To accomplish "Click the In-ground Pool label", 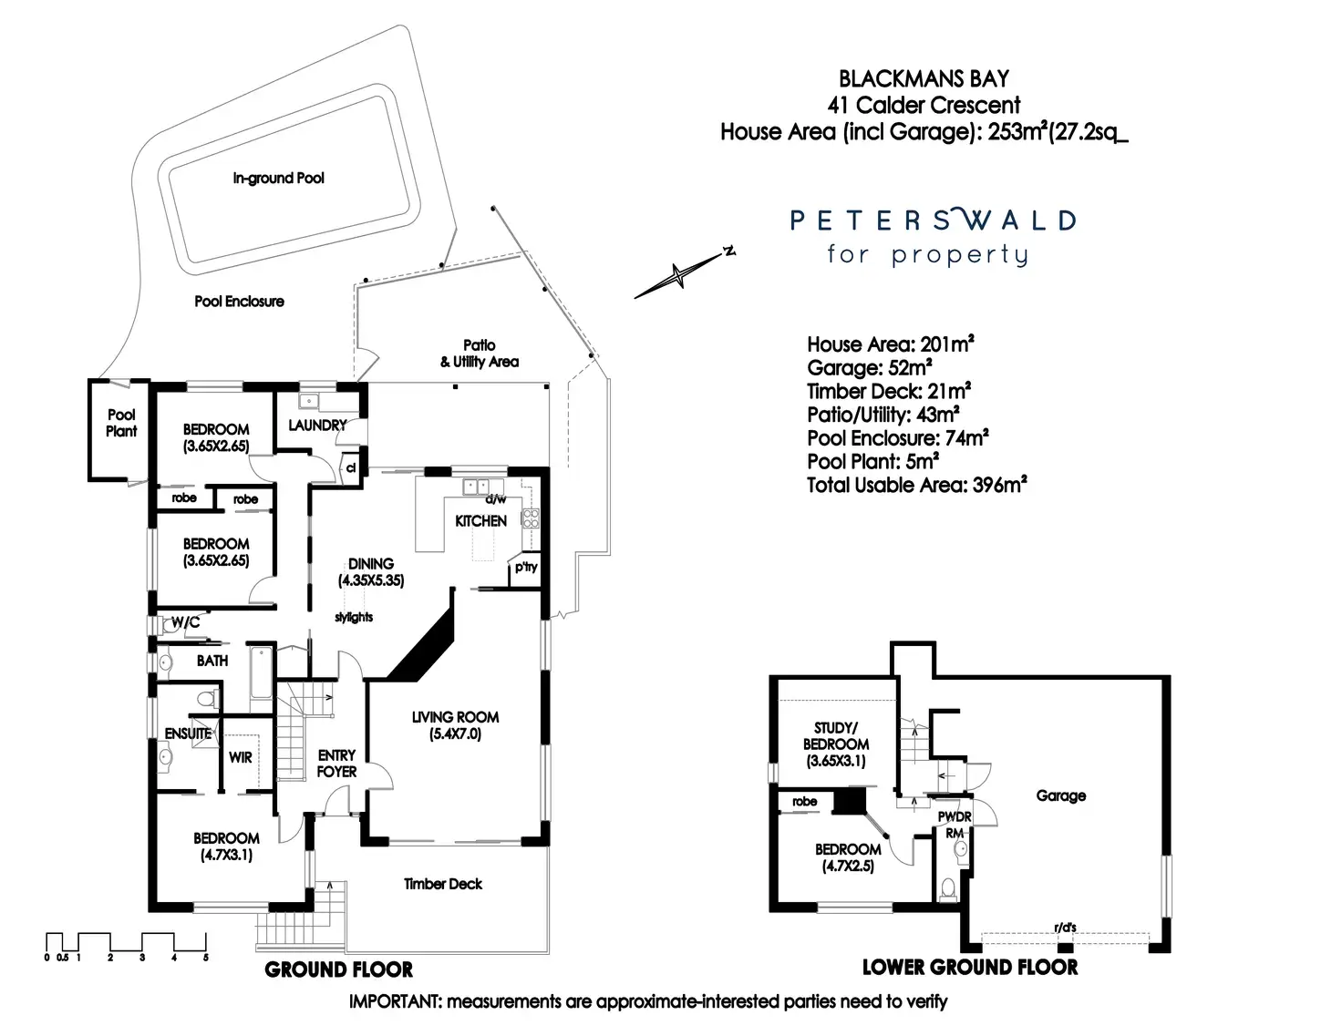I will click(278, 179).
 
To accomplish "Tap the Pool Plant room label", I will click(121, 423).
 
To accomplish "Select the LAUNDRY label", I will click(317, 426).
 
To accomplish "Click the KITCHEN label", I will click(480, 521).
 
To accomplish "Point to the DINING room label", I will click(371, 564).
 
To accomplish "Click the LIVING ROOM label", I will click(455, 718).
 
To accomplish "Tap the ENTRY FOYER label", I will click(336, 764).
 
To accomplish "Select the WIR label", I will click(241, 757).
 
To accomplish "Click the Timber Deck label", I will click(443, 884).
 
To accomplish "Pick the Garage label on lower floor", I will click(1061, 795).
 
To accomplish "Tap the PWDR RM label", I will click(955, 825).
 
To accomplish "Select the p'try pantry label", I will click(526, 567).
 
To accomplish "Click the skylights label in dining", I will click(354, 617).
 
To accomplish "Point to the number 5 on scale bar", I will click(206, 958).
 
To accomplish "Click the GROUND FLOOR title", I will click(338, 969).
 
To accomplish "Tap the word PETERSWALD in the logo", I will click(933, 221).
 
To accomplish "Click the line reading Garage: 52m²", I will click(869, 368).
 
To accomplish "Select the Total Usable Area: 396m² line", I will click(916, 485).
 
